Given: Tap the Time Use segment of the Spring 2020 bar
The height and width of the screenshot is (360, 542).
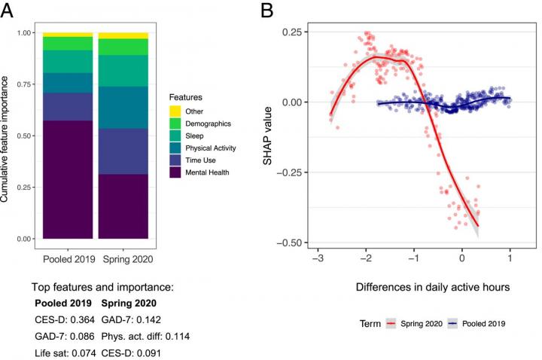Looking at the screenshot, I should pos(123,151).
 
